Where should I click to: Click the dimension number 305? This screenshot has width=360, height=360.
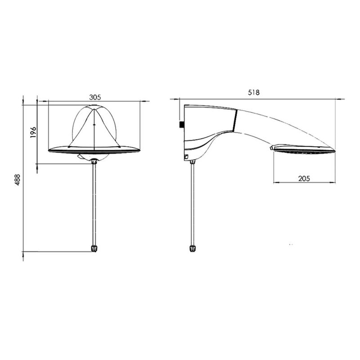click(x=95, y=97)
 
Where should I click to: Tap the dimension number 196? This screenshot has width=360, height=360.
click(x=33, y=132)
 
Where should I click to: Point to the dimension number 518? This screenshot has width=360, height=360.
click(x=254, y=92)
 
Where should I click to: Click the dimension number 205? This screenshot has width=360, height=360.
click(x=304, y=178)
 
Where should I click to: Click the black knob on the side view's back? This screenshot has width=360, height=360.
click(x=182, y=125)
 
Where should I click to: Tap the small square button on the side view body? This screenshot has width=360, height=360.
click(x=186, y=157)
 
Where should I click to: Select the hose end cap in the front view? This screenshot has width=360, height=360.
click(x=94, y=249)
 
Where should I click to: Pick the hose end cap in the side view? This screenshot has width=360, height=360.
click(x=193, y=249)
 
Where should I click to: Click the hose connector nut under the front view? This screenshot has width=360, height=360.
click(x=94, y=161)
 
